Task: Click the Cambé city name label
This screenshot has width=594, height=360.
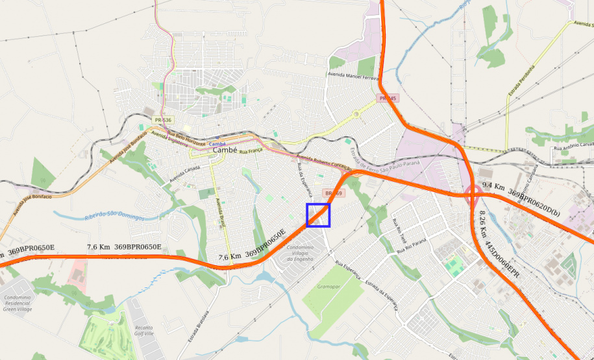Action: [x=225, y=150]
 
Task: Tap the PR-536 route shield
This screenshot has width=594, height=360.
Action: [x=163, y=120]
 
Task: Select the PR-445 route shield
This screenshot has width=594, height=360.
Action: [x=388, y=98]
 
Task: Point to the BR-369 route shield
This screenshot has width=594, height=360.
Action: [x=334, y=193]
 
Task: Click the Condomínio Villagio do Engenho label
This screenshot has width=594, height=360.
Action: [x=301, y=253]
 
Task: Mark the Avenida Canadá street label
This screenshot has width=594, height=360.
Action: [x=182, y=173]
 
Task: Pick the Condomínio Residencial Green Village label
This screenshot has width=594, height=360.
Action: [x=18, y=302]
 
